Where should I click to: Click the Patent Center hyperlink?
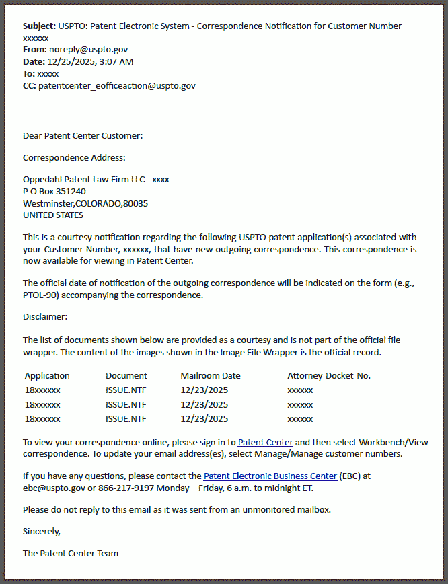265,442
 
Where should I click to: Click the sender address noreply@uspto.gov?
88,50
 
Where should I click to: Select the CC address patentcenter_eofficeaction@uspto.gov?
117,86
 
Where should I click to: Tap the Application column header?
47,376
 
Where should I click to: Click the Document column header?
126,376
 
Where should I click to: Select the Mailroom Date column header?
210,376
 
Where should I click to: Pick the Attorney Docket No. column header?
328,376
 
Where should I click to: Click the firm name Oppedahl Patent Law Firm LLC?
85,180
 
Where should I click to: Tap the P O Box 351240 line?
54,192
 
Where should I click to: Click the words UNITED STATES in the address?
53,215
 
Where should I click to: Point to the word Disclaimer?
45,316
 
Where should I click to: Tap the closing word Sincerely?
42,532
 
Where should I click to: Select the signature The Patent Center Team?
71,554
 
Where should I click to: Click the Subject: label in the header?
39,26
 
